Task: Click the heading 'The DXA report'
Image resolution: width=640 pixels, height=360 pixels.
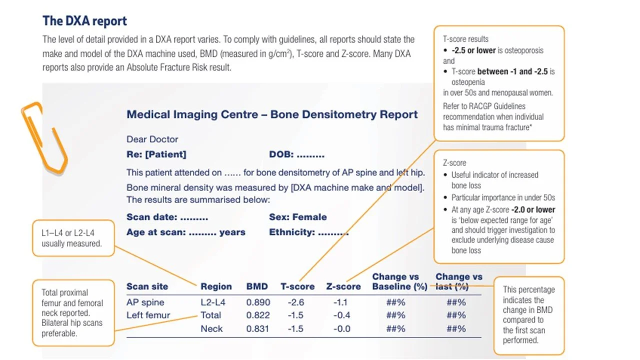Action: click(x=84, y=21)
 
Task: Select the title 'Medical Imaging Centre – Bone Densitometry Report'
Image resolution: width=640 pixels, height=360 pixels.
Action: click(x=272, y=114)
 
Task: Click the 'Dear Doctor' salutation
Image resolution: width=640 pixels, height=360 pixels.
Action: click(x=152, y=139)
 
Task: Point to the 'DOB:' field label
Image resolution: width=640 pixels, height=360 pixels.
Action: click(x=281, y=155)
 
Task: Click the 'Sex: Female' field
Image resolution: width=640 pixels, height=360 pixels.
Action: click(x=297, y=217)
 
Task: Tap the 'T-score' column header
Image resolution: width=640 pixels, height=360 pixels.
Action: click(x=297, y=286)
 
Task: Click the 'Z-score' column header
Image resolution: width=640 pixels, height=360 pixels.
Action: click(x=343, y=286)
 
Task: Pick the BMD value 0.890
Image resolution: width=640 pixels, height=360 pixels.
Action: click(x=258, y=302)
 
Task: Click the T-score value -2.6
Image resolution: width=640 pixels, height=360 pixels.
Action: click(x=295, y=302)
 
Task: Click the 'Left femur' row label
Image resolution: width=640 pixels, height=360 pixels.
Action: click(x=148, y=315)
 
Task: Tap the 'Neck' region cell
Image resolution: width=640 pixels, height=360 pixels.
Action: click(x=211, y=329)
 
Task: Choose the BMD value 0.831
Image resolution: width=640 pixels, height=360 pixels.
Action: click(x=258, y=329)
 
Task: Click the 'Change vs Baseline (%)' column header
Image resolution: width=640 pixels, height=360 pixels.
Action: click(x=399, y=281)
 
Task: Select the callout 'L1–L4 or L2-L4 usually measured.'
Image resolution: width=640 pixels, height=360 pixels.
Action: click(x=74, y=238)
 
